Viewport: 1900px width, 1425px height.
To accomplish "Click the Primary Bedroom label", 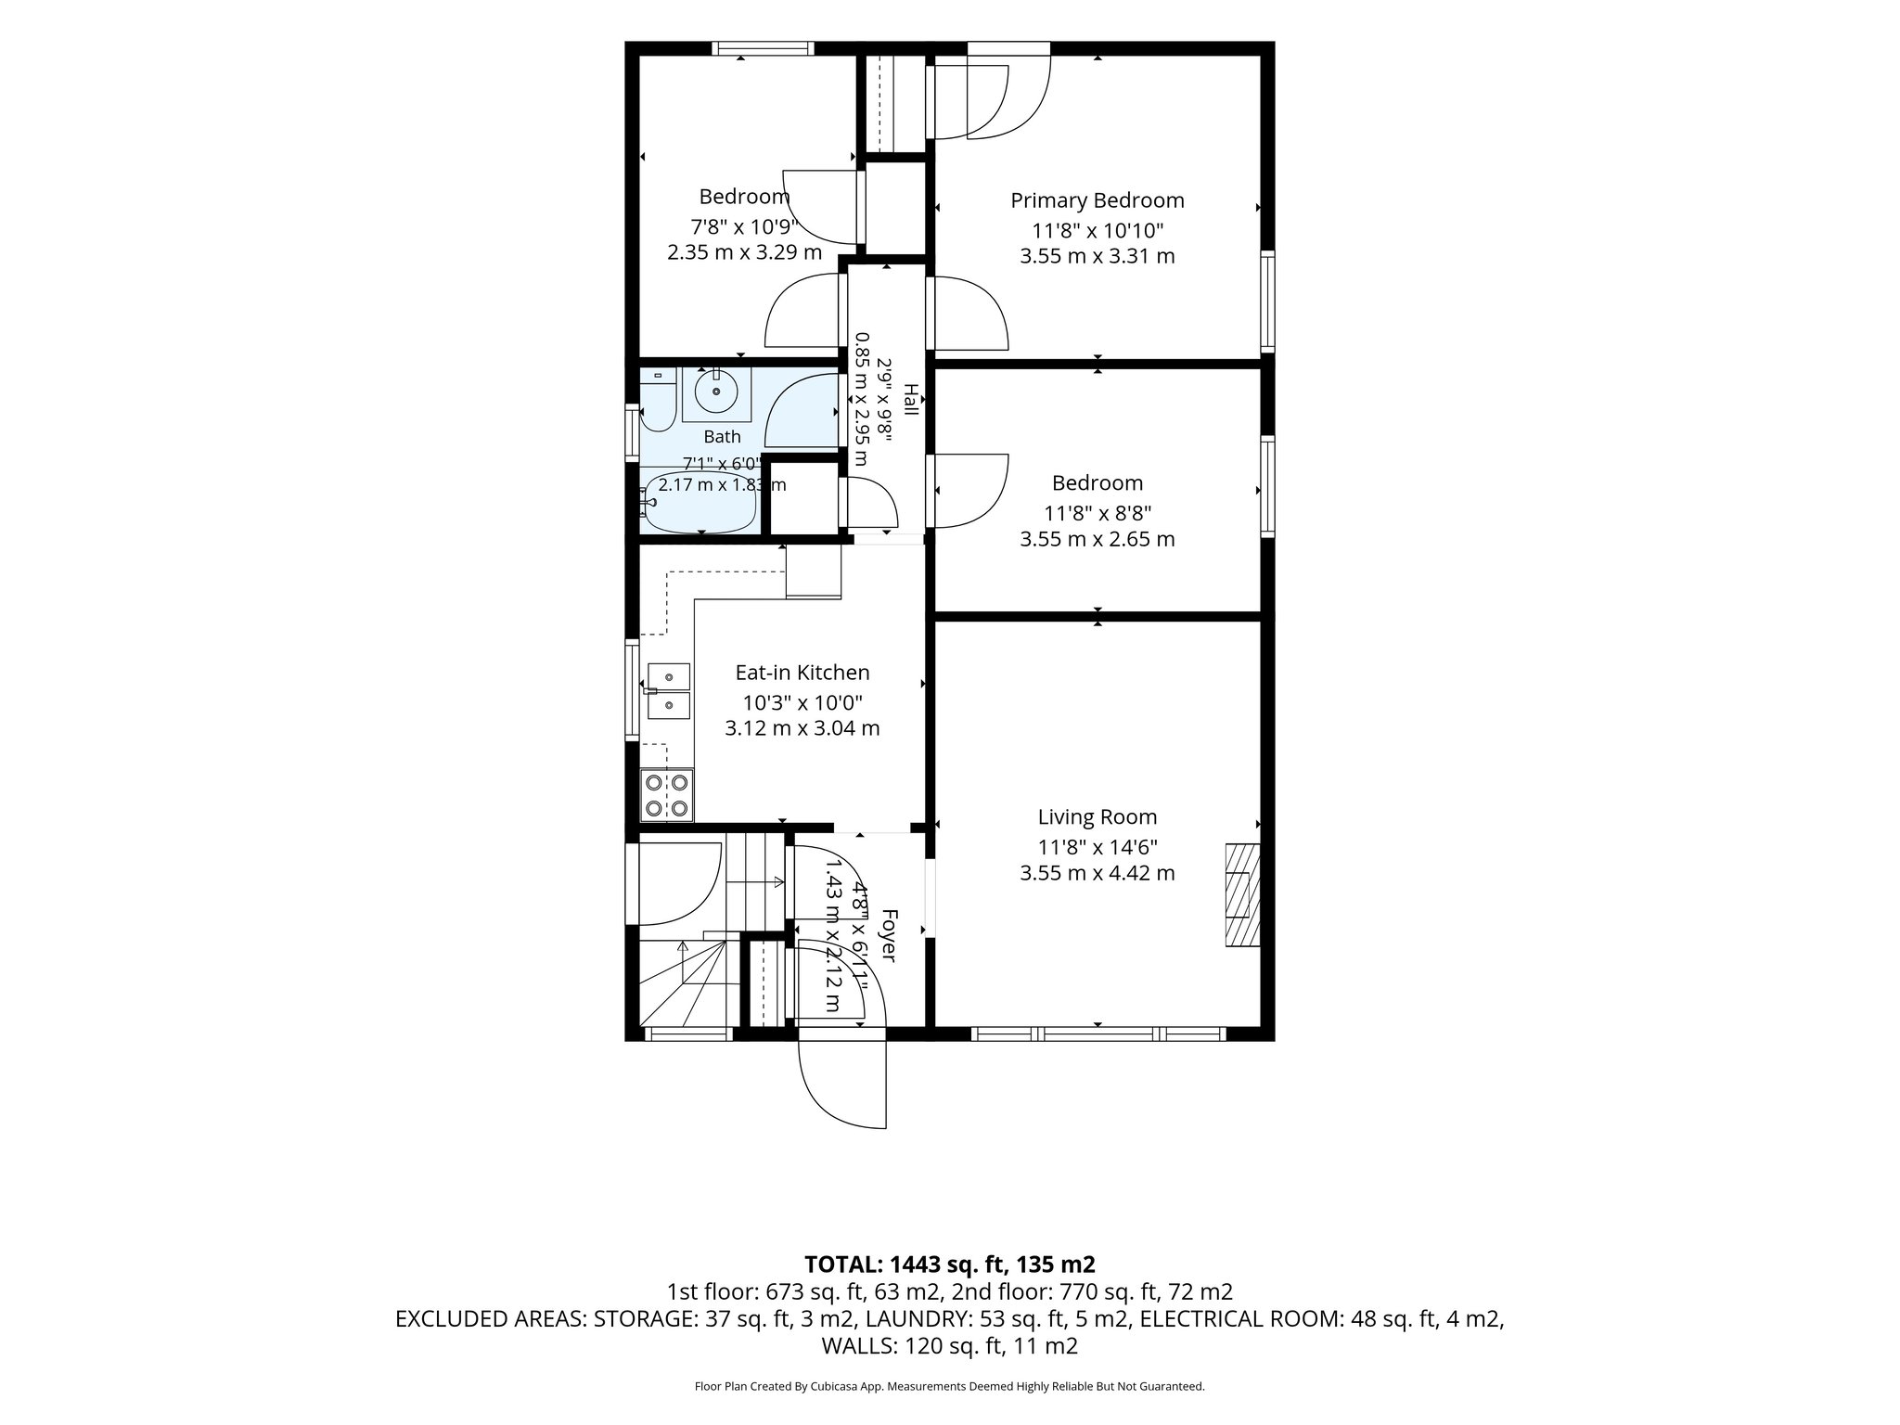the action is click(1097, 200).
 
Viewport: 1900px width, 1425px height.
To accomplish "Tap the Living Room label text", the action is click(1097, 817).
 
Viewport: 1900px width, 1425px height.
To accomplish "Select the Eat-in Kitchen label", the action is click(802, 673).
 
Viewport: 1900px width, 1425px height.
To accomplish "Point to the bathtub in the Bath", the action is click(700, 503).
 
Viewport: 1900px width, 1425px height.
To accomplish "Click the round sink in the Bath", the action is click(716, 392).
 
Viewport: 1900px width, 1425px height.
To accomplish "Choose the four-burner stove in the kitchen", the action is click(667, 794).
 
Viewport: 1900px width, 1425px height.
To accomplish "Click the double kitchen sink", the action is click(668, 690).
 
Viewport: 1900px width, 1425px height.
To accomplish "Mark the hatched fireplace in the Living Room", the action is click(1243, 894).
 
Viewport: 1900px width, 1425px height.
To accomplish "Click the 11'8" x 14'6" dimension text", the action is click(1097, 847).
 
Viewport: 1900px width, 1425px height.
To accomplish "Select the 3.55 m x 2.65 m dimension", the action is click(1097, 539).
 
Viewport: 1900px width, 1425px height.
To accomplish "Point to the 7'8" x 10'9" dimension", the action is click(744, 226).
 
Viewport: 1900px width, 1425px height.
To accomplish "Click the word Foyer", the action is click(888, 935).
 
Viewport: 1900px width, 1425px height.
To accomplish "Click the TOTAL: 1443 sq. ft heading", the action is click(950, 1265).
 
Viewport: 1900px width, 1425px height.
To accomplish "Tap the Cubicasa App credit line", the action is click(950, 1387).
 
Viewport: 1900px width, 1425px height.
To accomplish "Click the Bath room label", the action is click(722, 437).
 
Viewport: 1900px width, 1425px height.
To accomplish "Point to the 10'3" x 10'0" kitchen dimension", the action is click(802, 702).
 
